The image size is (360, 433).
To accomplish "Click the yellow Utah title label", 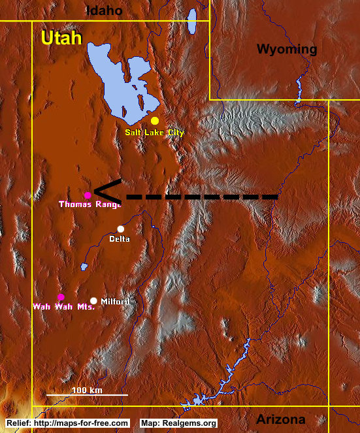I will tap(61, 38).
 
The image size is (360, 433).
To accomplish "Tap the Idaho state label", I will tap(105, 10).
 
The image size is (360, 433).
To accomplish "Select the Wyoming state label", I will tap(286, 49).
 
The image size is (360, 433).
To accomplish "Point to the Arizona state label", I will tap(280, 419).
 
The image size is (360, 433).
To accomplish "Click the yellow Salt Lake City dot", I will tap(155, 121).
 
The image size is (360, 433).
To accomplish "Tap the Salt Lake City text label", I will tap(155, 133).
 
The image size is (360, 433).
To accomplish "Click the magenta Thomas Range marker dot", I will tap(88, 195).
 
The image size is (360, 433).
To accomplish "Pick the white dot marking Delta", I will tap(120, 229).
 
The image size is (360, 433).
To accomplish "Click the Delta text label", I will tap(120, 239).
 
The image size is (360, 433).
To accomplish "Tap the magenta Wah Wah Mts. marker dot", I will tap(61, 297).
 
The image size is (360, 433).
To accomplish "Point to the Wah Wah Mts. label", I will tap(64, 306).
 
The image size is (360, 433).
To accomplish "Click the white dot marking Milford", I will tap(94, 300).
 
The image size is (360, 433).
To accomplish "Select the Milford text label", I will tap(115, 301).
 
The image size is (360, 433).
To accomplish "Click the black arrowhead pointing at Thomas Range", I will tap(105, 191).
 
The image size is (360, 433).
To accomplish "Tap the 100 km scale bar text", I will tap(87, 390).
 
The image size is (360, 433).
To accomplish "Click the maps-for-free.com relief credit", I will tap(68, 423).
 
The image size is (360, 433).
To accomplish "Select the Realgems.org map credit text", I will tap(178, 423).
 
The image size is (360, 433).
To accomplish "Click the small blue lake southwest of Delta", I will tap(84, 267).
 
